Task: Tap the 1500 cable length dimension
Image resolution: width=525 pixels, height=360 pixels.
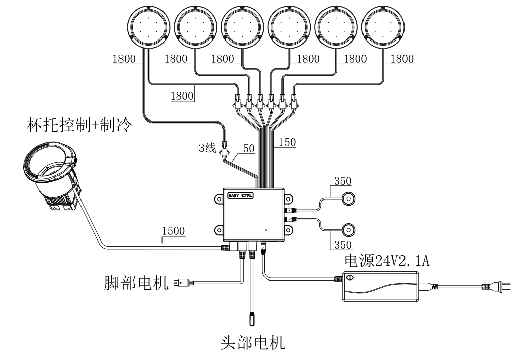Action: [x=173, y=232]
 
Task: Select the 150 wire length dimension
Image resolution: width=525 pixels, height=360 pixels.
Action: [x=287, y=143]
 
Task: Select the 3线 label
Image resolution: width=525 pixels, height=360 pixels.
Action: [x=208, y=149]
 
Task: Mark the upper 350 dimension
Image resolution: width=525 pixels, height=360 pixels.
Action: [x=342, y=181]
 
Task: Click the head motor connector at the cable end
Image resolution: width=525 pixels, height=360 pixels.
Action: [x=251, y=319]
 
